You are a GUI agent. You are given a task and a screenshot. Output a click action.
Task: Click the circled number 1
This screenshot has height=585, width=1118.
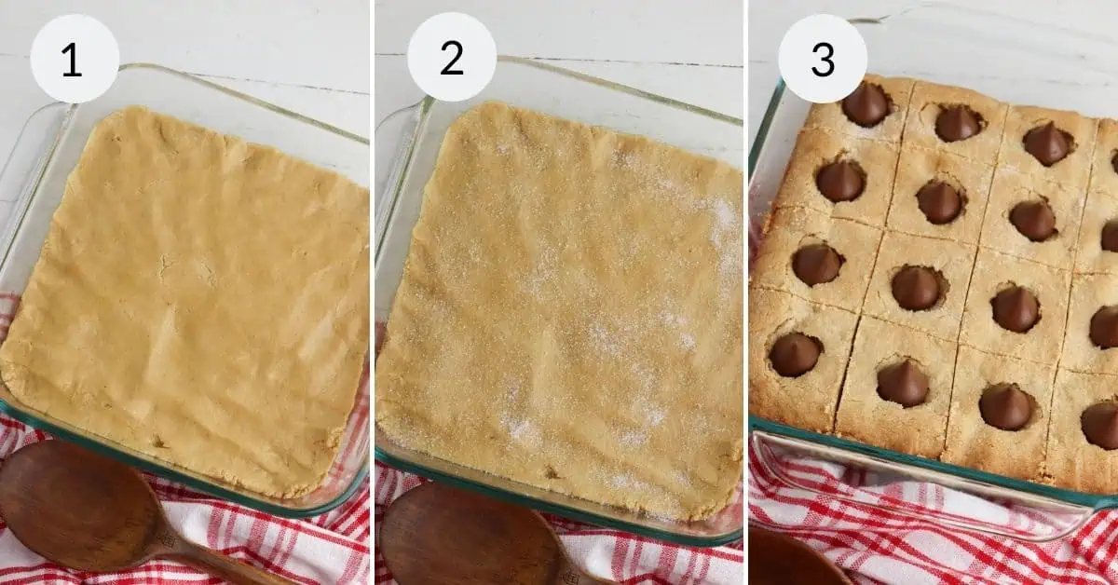(74, 59)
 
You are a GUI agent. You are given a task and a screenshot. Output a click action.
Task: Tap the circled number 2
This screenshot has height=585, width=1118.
(452, 58)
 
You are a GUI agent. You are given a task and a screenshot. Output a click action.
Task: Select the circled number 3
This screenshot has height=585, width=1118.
(823, 59)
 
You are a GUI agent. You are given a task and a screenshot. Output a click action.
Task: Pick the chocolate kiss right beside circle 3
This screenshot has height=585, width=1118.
(866, 105)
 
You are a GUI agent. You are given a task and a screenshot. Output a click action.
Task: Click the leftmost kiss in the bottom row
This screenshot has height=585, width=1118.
(795, 355)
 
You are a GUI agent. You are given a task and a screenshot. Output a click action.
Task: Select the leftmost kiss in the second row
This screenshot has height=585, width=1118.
(840, 181)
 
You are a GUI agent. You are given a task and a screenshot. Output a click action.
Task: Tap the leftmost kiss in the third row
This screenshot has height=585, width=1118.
(816, 264)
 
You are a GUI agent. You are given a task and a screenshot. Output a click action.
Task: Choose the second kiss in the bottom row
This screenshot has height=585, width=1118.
(903, 382)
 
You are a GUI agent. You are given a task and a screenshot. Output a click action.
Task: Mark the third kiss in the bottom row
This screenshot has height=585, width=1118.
(1006, 407)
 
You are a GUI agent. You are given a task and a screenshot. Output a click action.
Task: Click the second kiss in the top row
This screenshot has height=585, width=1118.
(957, 123)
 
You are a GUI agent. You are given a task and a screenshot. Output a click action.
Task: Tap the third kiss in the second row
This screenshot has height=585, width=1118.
(1032, 220)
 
